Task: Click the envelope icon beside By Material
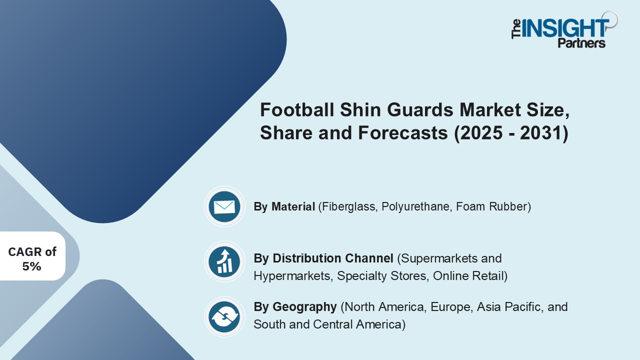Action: pyautogui.click(x=224, y=206)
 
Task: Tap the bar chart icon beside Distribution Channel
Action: pyautogui.click(x=224, y=261)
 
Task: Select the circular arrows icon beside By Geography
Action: pyautogui.click(x=224, y=316)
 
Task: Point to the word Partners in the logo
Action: pyautogui.click(x=581, y=43)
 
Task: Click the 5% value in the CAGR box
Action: pyautogui.click(x=31, y=266)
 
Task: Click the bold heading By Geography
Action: pyautogui.click(x=295, y=306)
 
